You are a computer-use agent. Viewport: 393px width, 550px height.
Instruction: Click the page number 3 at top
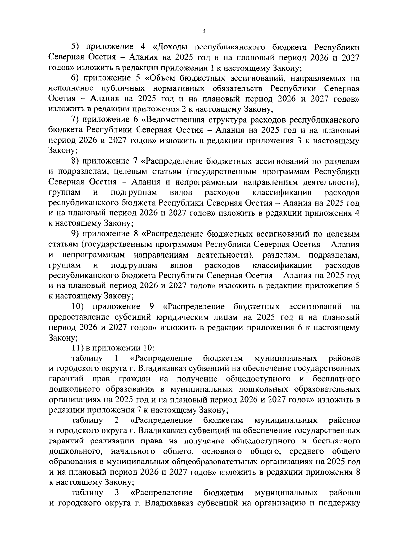[203, 31]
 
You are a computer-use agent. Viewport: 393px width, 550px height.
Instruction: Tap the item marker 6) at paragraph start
[76, 78]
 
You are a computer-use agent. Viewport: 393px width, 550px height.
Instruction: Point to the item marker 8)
[76, 162]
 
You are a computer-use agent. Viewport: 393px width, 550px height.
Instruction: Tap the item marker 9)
[76, 234]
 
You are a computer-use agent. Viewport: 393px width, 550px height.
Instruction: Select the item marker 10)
[78, 307]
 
